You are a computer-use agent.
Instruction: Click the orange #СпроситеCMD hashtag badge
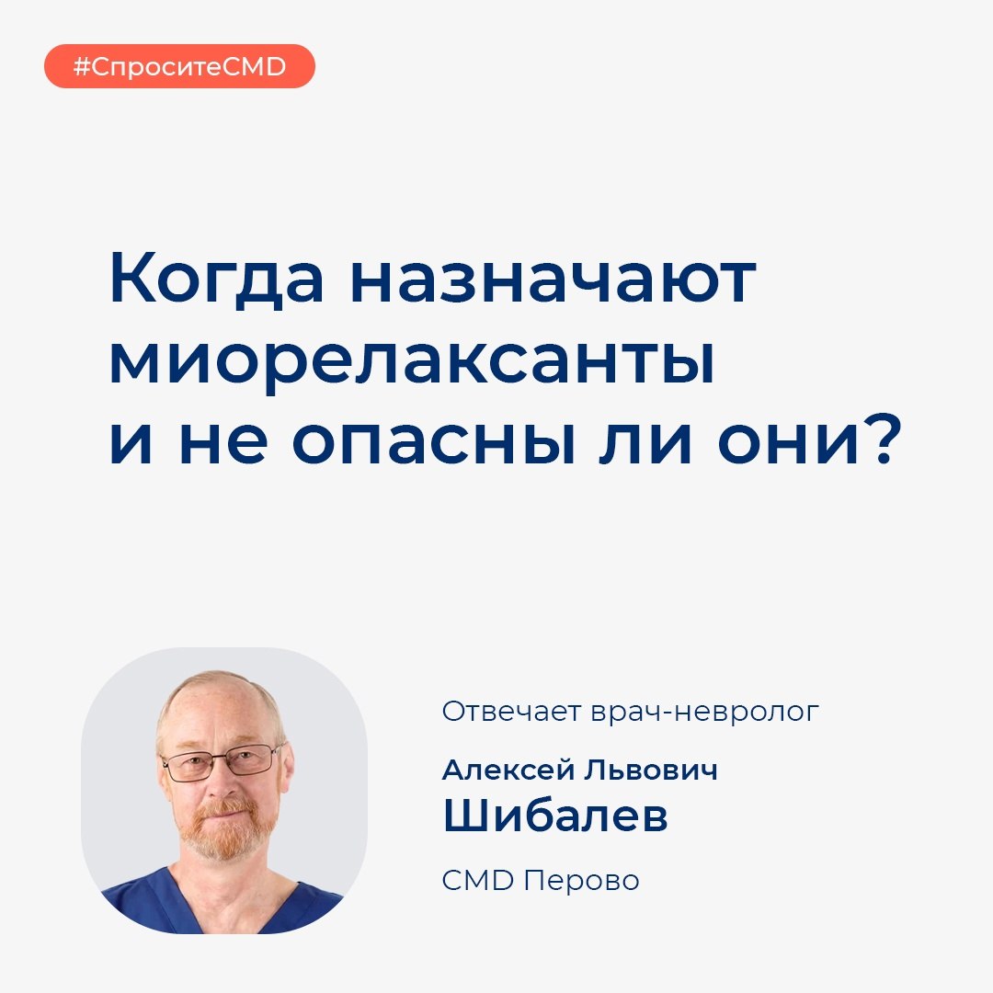click(179, 66)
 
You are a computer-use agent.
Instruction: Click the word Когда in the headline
click(217, 280)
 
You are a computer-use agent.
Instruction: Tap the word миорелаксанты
click(412, 361)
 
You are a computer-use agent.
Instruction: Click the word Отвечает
click(511, 712)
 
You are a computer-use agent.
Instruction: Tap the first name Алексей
click(508, 770)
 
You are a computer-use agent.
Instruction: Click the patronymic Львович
click(651, 770)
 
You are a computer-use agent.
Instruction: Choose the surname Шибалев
click(554, 815)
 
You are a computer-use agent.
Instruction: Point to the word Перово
click(581, 880)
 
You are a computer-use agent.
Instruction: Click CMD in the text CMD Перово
click(477, 880)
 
